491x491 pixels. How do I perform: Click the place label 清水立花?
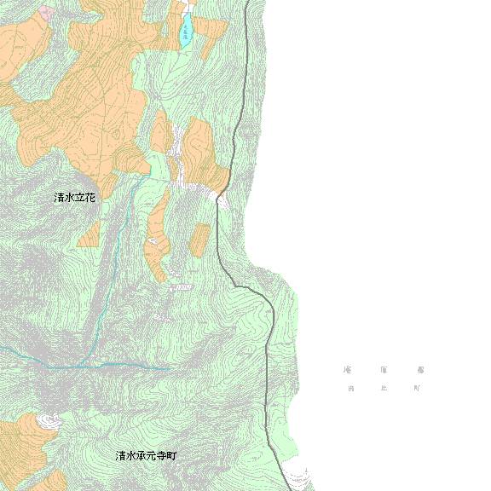coord(75,197)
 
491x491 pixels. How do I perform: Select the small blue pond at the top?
coord(184,33)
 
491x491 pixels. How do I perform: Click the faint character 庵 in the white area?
coord(347,371)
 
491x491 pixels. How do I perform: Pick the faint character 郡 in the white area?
coord(420,371)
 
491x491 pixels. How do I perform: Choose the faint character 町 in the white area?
coord(417,389)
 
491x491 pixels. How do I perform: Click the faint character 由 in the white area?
coord(349,389)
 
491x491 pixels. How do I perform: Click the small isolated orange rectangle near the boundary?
coord(199,240)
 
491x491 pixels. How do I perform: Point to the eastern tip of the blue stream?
coord(168,368)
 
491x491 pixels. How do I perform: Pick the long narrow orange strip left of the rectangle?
coord(157,239)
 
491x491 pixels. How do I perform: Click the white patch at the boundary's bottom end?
coord(297,478)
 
